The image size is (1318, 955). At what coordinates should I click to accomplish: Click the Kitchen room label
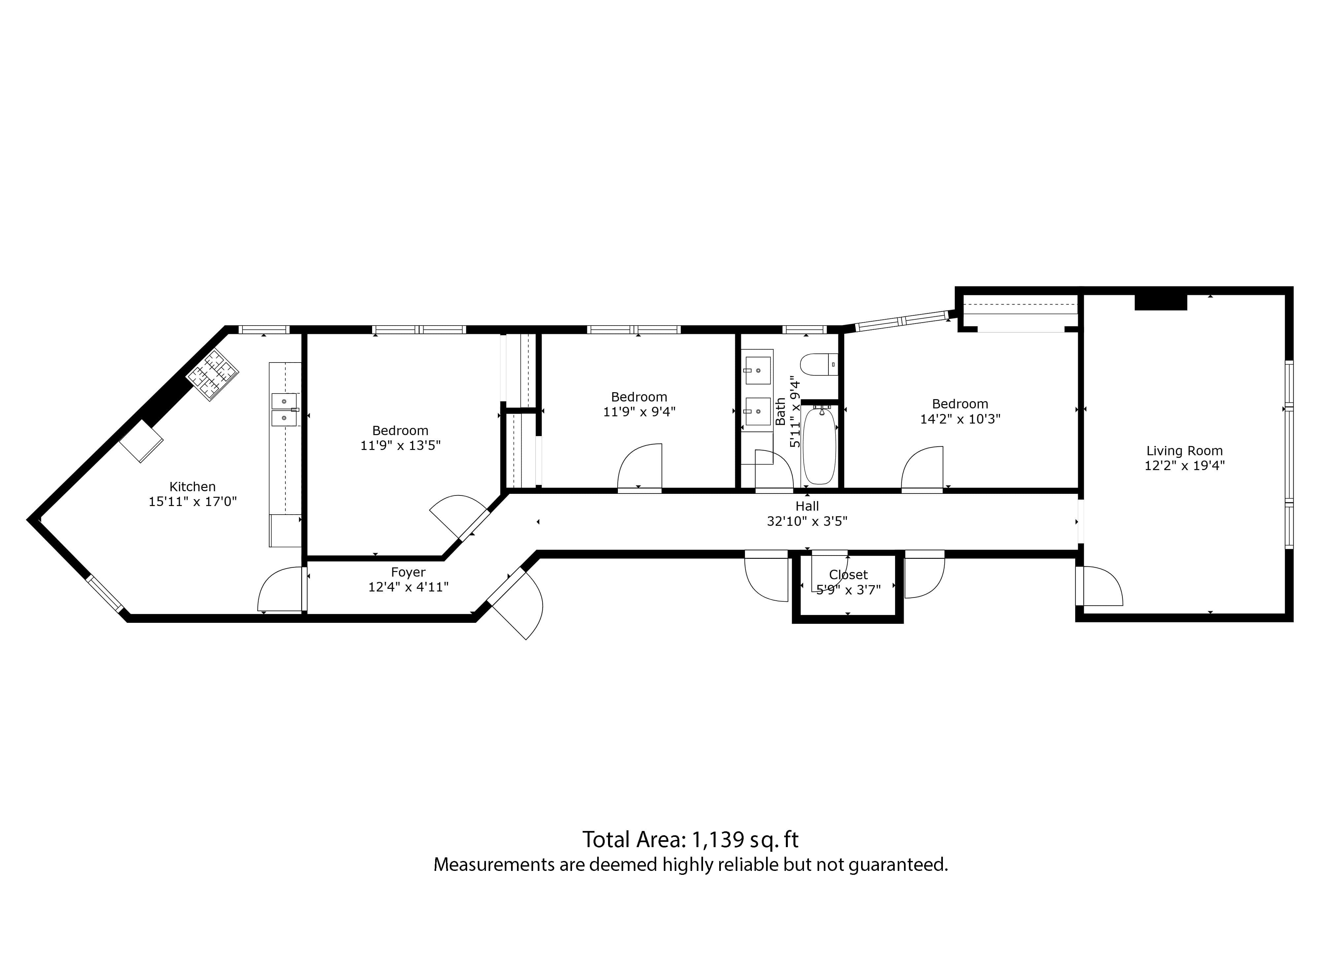point(192,487)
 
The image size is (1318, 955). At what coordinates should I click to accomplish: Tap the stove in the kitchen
point(212,374)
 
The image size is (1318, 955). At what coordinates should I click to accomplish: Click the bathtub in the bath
point(820,446)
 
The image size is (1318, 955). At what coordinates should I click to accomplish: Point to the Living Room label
point(1184,451)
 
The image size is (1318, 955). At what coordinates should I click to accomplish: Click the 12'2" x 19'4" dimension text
point(1184,465)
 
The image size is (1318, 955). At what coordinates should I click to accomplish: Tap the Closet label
point(849,575)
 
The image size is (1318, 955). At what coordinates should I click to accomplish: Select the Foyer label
point(408,573)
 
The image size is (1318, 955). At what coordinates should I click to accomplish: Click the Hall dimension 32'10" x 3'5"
point(807,521)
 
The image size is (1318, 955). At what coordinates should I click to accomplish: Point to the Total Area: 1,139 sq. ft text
point(691,840)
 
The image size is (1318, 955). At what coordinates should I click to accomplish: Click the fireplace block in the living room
point(1161,302)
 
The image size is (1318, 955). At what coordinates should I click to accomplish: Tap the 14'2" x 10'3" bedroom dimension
point(960,419)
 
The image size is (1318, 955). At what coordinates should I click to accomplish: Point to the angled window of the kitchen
point(105,593)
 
